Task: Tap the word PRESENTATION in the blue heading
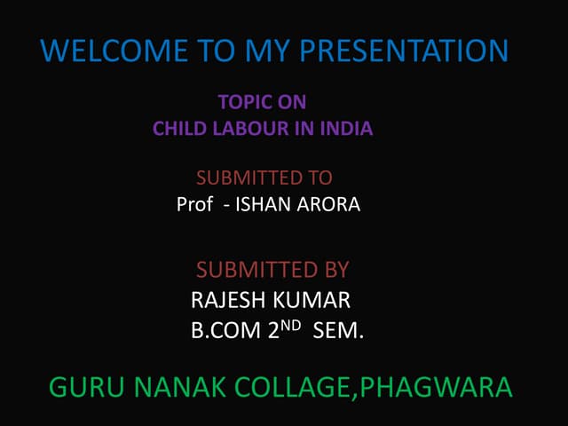pyautogui.click(x=405, y=51)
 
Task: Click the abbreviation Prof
pyautogui.click(x=194, y=205)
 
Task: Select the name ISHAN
pyautogui.click(x=260, y=205)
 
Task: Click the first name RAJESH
pyautogui.click(x=226, y=300)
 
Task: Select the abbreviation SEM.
pyautogui.click(x=338, y=332)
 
